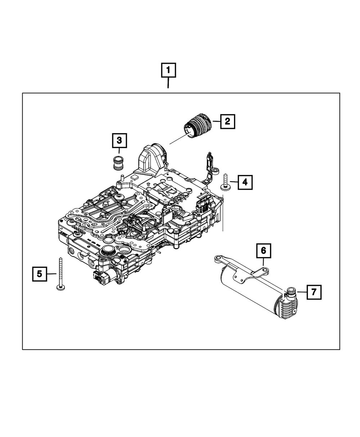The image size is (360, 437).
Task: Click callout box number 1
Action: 168,71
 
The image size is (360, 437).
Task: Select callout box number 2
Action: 227,121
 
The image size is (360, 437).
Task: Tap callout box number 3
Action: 119,141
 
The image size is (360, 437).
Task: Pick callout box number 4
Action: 245,182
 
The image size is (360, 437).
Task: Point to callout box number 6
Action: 263,251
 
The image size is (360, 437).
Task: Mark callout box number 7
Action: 314,292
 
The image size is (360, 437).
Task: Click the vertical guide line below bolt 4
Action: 223,212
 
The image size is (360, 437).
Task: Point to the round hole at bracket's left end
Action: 217,258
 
